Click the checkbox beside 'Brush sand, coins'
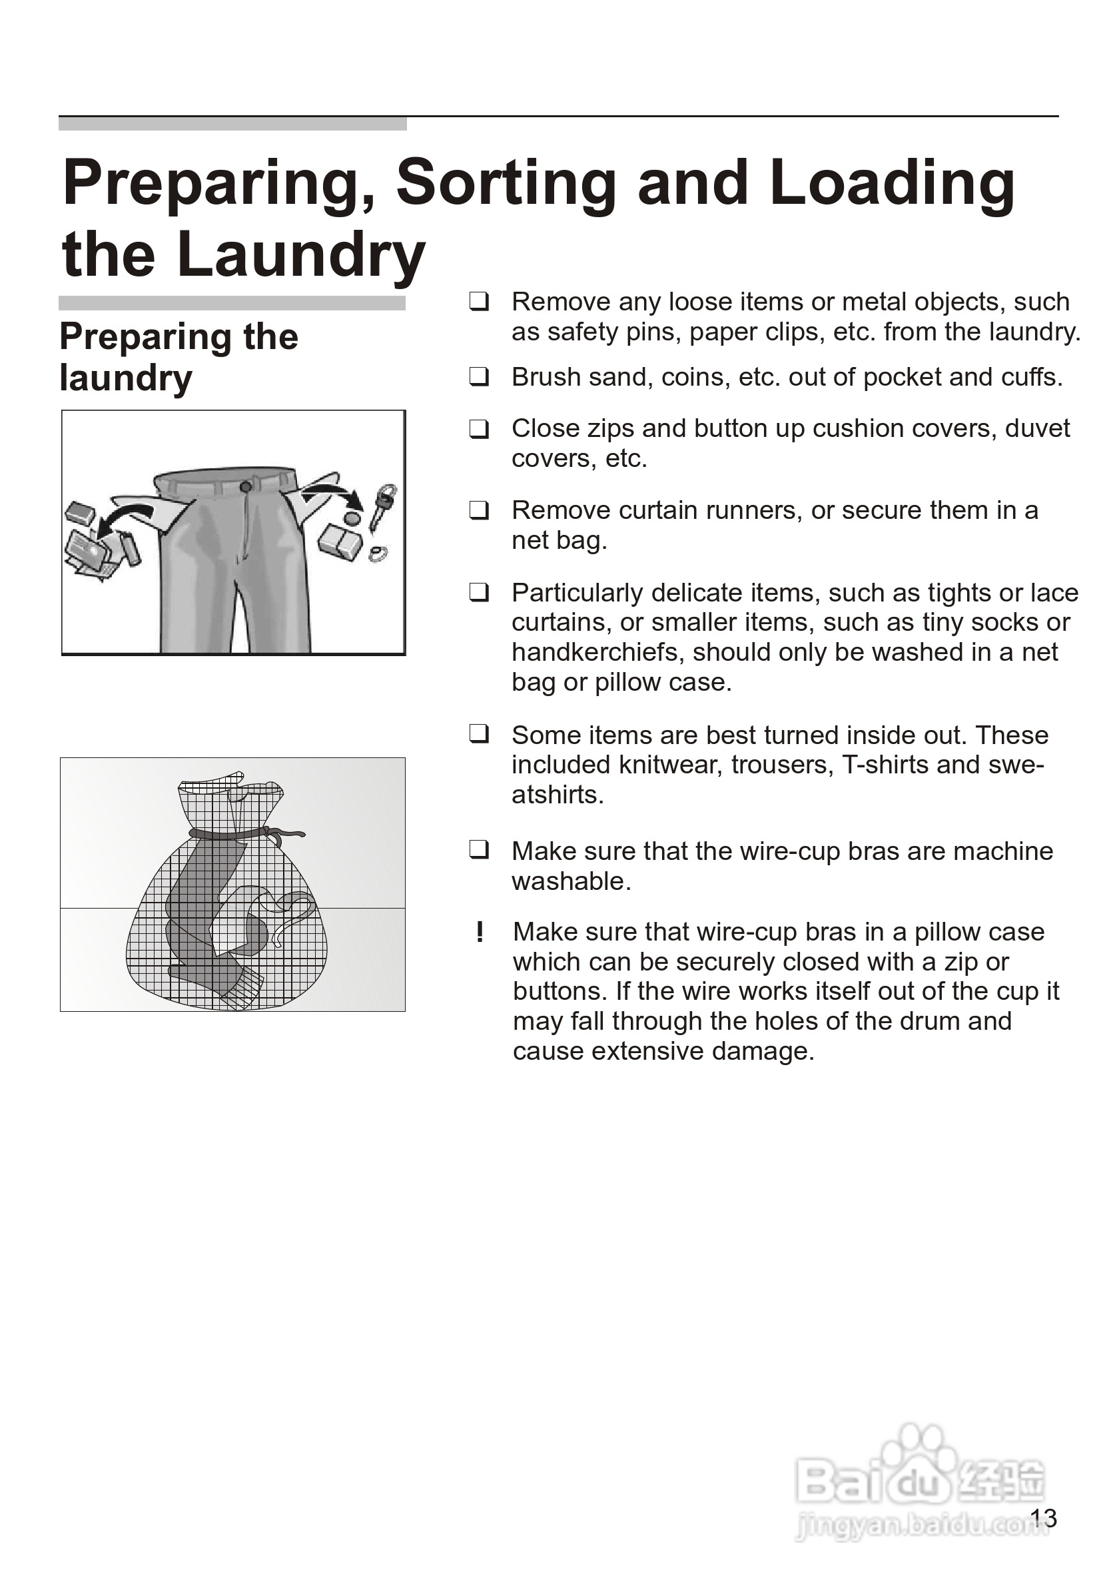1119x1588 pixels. click(480, 377)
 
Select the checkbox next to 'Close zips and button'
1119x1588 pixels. click(480, 429)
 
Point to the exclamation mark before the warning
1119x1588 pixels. click(480, 933)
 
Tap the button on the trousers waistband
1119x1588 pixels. click(245, 487)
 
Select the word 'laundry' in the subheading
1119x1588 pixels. click(126, 378)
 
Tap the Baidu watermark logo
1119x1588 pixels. click(920, 1480)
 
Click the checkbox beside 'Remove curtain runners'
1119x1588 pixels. click(480, 510)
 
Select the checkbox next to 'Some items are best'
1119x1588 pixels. click(480, 734)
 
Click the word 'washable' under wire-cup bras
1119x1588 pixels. click(570, 881)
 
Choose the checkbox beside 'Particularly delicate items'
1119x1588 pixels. click(480, 593)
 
